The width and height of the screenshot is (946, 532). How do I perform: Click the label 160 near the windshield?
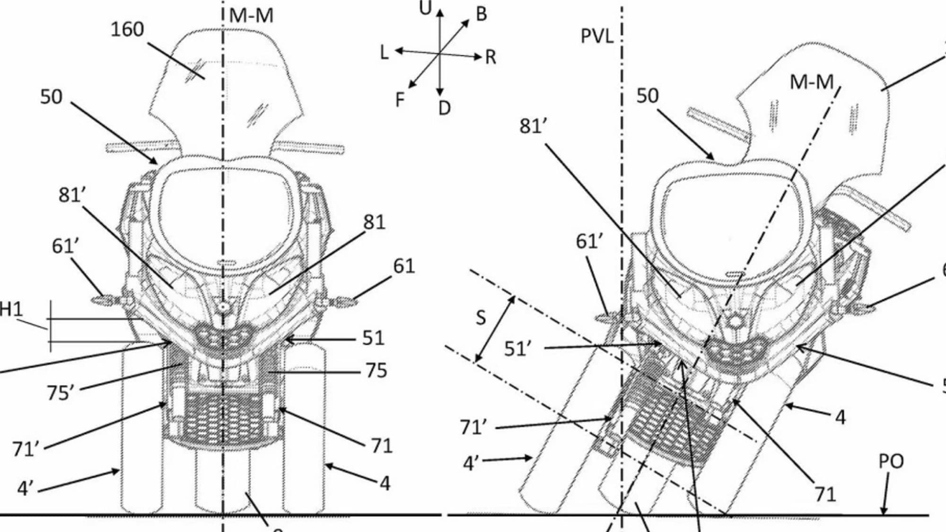(x=127, y=30)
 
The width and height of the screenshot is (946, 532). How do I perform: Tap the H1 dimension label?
(x=10, y=310)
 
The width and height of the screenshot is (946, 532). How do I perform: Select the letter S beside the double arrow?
(x=481, y=317)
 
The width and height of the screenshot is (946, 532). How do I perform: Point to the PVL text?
(x=597, y=36)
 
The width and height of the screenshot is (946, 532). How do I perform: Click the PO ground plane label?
(x=891, y=462)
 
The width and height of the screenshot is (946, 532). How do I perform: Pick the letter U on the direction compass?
(x=426, y=9)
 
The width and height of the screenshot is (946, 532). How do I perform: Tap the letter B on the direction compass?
(x=482, y=14)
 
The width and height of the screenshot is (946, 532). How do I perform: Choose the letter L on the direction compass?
(x=384, y=52)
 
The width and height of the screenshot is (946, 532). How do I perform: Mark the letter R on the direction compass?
(x=491, y=57)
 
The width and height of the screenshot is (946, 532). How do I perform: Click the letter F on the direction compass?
(x=400, y=100)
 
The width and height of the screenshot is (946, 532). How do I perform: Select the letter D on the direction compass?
(x=444, y=109)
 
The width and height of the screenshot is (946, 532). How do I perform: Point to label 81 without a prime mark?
(x=374, y=222)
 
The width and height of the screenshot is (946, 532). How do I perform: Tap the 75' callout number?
(x=60, y=392)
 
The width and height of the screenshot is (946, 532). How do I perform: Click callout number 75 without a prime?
(x=376, y=371)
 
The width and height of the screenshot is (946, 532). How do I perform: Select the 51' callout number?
(x=517, y=349)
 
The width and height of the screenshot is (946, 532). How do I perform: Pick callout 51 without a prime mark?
(x=373, y=338)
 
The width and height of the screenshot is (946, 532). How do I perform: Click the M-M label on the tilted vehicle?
(x=812, y=83)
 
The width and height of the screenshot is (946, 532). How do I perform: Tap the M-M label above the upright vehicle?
(x=251, y=16)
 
